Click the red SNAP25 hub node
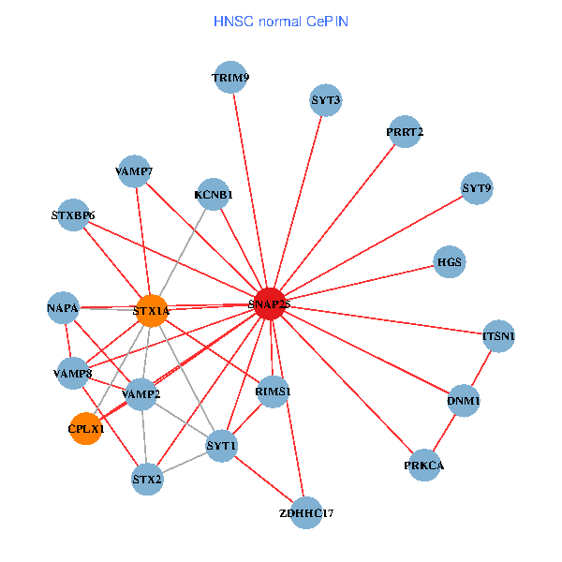pyautogui.click(x=270, y=303)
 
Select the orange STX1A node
pyautogui.click(x=152, y=310)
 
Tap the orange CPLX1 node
pyautogui.click(x=85, y=429)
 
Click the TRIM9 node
pyautogui.click(x=230, y=78)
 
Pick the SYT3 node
pyautogui.click(x=326, y=100)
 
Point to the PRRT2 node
pyautogui.click(x=405, y=132)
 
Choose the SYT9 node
pyautogui.click(x=477, y=188)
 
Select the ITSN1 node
pyautogui.click(x=498, y=335)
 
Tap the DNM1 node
pyautogui.click(x=465, y=402)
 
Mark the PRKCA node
pyautogui.click(x=424, y=466)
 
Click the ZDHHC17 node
pyautogui.click(x=306, y=513)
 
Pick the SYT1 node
pyautogui.click(x=222, y=445)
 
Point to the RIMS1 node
pyautogui.click(x=273, y=392)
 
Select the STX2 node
pyautogui.click(x=147, y=481)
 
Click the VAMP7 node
pyautogui.click(x=135, y=171)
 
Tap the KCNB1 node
pyautogui.click(x=214, y=195)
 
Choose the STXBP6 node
pyautogui.click(x=73, y=215)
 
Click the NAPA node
pyautogui.click(x=63, y=307)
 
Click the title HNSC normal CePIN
pyautogui.click(x=281, y=21)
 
